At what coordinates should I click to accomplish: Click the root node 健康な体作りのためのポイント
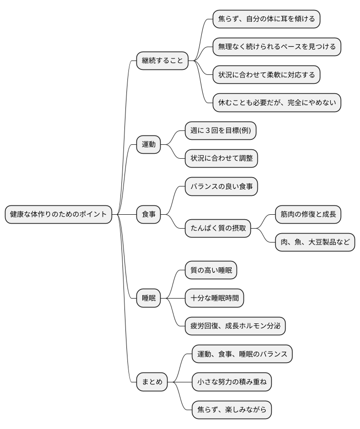(x=59, y=214)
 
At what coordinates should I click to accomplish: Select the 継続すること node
(x=163, y=61)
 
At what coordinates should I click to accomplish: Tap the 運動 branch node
(x=149, y=144)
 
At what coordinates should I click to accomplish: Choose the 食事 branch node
(x=149, y=214)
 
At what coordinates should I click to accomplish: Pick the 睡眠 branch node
(x=149, y=298)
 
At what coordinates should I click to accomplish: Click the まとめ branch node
(x=152, y=382)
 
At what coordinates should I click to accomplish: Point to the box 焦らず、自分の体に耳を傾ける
(x=266, y=19)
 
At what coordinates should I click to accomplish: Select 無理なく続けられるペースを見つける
(x=277, y=47)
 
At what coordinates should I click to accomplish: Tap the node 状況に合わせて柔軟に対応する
(x=266, y=75)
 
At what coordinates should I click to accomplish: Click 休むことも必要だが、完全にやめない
(x=277, y=103)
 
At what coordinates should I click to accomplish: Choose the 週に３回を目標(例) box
(x=221, y=130)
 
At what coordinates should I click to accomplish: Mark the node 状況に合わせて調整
(x=221, y=158)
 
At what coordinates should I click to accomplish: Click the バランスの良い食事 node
(x=221, y=186)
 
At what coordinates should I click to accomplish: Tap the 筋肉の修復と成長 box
(x=308, y=214)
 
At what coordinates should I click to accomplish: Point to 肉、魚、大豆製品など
(x=315, y=242)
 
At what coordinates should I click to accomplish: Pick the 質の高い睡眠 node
(x=211, y=270)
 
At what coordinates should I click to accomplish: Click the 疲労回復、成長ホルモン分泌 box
(x=235, y=326)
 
